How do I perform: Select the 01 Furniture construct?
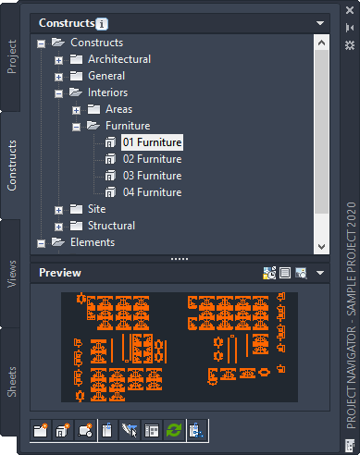pos(152,142)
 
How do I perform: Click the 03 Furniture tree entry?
pos(152,176)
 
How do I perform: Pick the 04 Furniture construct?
pos(152,192)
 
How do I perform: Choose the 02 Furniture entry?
pos(152,159)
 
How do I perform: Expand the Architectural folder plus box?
pos(58,60)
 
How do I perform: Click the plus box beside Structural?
pos(58,227)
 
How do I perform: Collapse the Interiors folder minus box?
pos(58,93)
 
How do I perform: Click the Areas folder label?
pos(118,109)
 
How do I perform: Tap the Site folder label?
pos(96,209)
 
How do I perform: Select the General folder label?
pos(106,76)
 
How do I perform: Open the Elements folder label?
pos(93,242)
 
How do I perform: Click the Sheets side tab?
pos(12,382)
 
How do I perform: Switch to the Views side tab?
pos(12,274)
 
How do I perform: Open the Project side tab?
pos(12,56)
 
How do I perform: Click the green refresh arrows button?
pos(174,430)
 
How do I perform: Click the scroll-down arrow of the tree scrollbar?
pos(321,247)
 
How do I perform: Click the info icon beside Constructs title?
pos(102,24)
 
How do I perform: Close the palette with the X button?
pos(350,10)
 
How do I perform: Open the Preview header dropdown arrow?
pos(320,273)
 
